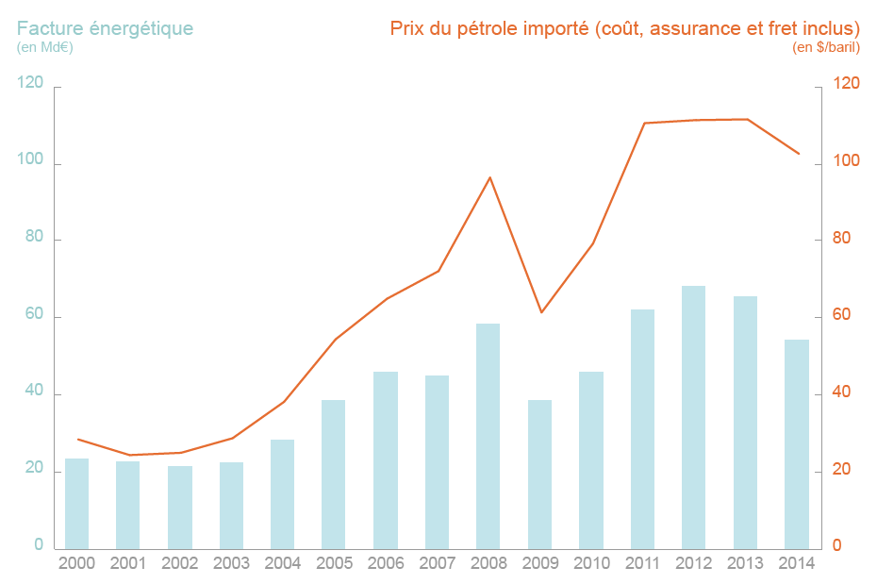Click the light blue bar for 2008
pyautogui.click(x=488, y=436)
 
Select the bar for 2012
pyautogui.click(x=693, y=417)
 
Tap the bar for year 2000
pyautogui.click(x=76, y=503)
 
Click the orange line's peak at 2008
pyautogui.click(x=489, y=177)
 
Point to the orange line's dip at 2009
pyautogui.click(x=541, y=312)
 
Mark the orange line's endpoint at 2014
pyautogui.click(x=799, y=154)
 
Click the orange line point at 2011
pyautogui.click(x=644, y=123)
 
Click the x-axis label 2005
pyautogui.click(x=334, y=563)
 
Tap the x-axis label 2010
pyautogui.click(x=591, y=563)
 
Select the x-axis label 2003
pyautogui.click(x=231, y=563)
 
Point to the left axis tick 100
pyautogui.click(x=31, y=161)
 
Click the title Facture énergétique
pyautogui.click(x=105, y=28)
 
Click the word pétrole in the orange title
pyautogui.click(x=499, y=28)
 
